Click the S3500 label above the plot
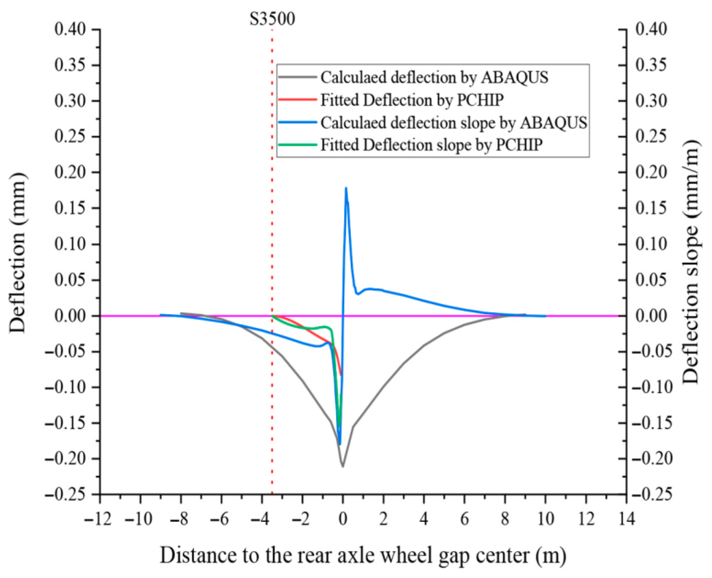[272, 19]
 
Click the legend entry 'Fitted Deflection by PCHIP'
[411, 100]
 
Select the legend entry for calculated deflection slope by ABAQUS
[454, 123]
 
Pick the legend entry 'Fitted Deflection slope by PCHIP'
[431, 145]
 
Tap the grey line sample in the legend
[297, 77]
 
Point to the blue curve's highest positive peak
[346, 189]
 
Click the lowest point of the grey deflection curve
[343, 466]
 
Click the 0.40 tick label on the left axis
[70, 29]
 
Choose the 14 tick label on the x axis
[626, 519]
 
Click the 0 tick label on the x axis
[343, 519]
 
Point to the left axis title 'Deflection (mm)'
[17, 253]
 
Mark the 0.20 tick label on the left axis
[70, 172]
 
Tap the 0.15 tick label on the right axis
[651, 208]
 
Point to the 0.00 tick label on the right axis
[651, 316]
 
